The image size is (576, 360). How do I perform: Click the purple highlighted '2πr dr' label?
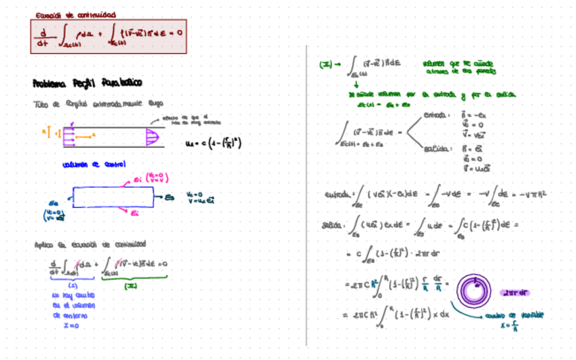pos(514,293)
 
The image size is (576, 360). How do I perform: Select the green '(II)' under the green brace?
pos(132,286)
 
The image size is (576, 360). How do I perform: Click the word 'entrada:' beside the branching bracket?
pos(434,115)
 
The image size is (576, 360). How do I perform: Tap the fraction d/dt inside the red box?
pos(43,37)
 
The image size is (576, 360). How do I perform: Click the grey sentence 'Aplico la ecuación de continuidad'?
pos(90,245)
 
